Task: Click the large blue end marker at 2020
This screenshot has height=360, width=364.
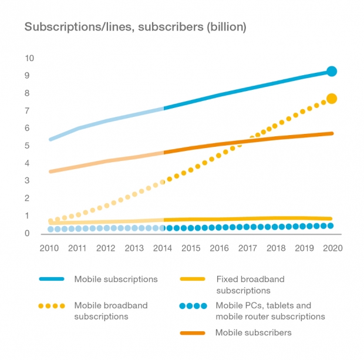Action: point(332,71)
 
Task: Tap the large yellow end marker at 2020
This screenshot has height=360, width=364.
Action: point(332,99)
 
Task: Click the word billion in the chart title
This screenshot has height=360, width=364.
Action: point(227,26)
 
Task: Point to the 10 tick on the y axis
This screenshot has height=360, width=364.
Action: point(29,58)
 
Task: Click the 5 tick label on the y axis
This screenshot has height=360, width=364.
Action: point(27,146)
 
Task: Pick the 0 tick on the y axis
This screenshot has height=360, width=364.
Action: point(27,233)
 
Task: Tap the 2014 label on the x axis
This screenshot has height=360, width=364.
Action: point(163,248)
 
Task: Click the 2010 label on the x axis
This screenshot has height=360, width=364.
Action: point(49,248)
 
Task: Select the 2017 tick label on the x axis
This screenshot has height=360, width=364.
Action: point(248,248)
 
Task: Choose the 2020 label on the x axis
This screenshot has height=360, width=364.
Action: point(333,248)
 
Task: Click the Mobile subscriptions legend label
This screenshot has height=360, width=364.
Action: point(116,279)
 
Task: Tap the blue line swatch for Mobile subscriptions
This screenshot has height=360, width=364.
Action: point(52,279)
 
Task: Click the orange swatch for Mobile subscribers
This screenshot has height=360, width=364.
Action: point(193,333)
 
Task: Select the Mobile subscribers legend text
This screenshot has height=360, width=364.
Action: point(253,332)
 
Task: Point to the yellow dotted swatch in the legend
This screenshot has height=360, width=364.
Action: point(52,306)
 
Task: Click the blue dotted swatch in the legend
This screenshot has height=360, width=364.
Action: point(193,306)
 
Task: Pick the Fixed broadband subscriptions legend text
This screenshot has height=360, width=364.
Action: point(251,285)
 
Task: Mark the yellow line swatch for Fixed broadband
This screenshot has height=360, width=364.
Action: point(193,279)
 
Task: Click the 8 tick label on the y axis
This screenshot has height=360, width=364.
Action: point(27,93)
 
